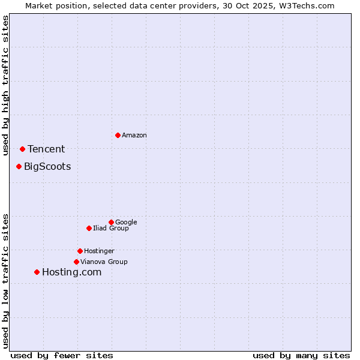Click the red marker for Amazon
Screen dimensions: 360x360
(x=118, y=135)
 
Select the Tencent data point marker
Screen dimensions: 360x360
(x=22, y=149)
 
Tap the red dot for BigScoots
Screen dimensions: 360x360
(x=19, y=166)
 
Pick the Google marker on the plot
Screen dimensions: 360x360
(x=111, y=222)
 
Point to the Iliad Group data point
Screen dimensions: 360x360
(x=89, y=228)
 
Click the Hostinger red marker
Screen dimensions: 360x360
(x=80, y=251)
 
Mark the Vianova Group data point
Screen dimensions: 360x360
(x=76, y=262)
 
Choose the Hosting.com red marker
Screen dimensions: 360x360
(x=37, y=272)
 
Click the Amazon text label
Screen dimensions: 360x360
(x=134, y=136)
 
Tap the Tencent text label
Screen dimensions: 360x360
(x=46, y=149)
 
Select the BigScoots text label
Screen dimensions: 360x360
(x=47, y=167)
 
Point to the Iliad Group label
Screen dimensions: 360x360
(x=111, y=229)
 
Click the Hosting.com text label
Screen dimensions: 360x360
(x=71, y=272)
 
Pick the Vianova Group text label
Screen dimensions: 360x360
(x=104, y=262)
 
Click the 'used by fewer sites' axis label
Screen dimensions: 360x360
(x=62, y=355)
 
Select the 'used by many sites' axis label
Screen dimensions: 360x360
(x=301, y=355)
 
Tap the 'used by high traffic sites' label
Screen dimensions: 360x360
(x=6, y=85)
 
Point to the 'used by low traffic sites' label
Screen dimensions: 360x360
(x=6, y=280)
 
